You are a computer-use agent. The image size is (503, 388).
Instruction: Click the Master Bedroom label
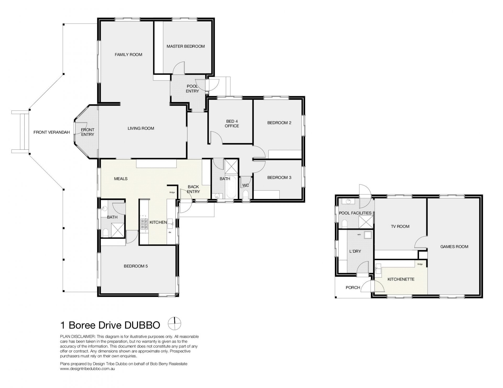[x=185, y=46]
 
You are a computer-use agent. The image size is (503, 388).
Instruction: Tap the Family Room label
[x=128, y=55]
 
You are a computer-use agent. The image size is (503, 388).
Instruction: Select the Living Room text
[x=141, y=128]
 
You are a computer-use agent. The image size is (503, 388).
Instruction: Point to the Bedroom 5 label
[x=136, y=266]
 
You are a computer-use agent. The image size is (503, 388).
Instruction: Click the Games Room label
[x=454, y=246]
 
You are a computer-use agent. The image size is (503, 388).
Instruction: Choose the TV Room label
[x=400, y=226]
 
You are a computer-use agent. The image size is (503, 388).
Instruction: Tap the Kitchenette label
[x=401, y=279]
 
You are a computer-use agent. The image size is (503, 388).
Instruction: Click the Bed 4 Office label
[x=232, y=123]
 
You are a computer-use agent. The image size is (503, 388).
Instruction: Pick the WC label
[x=245, y=185]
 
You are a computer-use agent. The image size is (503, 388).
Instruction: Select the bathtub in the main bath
[x=231, y=187]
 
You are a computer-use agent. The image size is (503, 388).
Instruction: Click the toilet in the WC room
[x=245, y=195]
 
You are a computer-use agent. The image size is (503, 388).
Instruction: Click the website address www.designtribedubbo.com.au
[x=88, y=369]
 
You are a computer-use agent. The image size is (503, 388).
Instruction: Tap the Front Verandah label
[x=52, y=132]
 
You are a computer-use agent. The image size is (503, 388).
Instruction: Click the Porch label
[x=353, y=288]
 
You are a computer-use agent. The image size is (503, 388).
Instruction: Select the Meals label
[x=121, y=179]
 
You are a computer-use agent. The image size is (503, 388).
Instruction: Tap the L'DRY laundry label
[x=355, y=251]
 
